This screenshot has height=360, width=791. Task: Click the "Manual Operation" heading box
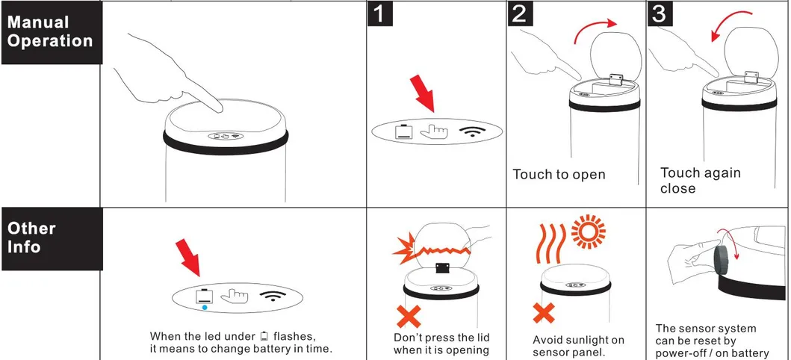coord(52,32)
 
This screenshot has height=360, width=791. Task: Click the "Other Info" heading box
coord(52,238)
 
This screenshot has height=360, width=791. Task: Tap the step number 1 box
coord(380,13)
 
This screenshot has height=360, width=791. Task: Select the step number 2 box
coord(520,13)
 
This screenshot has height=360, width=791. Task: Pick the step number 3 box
coord(660,13)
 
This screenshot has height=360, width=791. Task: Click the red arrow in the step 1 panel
coord(423,93)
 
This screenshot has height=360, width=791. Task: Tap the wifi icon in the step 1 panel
coord(474,131)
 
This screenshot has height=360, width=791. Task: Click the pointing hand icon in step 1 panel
coord(434,131)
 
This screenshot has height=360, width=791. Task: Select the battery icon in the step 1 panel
coord(404,131)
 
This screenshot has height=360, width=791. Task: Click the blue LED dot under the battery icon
coord(205,306)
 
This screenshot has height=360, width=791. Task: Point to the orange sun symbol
coord(588,232)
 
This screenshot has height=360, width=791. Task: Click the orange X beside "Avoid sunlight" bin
coord(544,313)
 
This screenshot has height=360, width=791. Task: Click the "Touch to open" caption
coord(559,175)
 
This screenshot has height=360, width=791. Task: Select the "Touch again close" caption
coord(700,181)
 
